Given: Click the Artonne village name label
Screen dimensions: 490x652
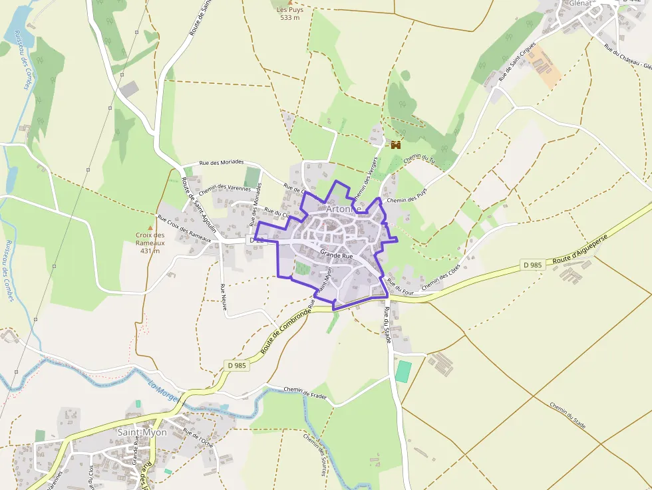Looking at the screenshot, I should [x=343, y=209].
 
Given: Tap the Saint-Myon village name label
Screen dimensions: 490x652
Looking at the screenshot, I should [x=142, y=432].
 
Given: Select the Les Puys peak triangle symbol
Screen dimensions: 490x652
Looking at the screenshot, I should [x=289, y=3].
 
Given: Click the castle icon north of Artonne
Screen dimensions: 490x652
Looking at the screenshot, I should [x=396, y=144].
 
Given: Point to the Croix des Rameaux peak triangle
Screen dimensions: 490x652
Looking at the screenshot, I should [x=150, y=227].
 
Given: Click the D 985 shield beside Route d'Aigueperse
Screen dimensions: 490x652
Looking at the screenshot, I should [x=533, y=265].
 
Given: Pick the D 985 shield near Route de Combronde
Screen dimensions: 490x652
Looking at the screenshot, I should [x=237, y=366].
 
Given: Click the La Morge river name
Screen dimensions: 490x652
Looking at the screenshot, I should [x=164, y=392].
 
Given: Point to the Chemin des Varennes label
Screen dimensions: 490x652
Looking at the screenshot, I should [x=224, y=189].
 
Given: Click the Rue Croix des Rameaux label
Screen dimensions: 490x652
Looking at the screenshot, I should [x=184, y=229].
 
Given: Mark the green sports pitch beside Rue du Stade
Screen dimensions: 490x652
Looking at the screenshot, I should [x=403, y=371].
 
